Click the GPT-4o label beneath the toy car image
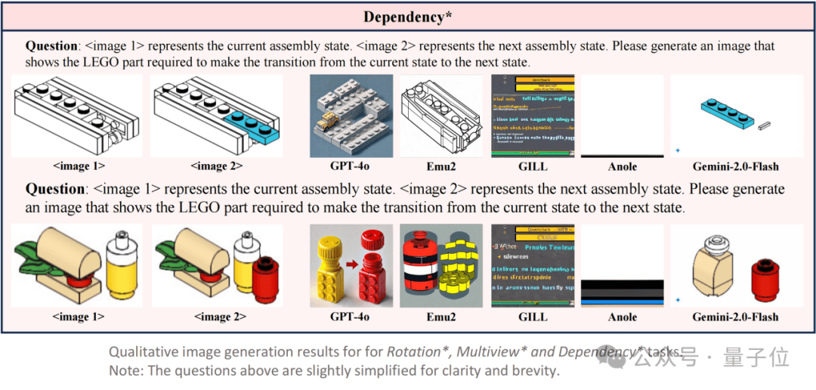pos(351,166)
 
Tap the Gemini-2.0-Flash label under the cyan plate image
pos(736,166)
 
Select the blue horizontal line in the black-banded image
pos(622,298)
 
